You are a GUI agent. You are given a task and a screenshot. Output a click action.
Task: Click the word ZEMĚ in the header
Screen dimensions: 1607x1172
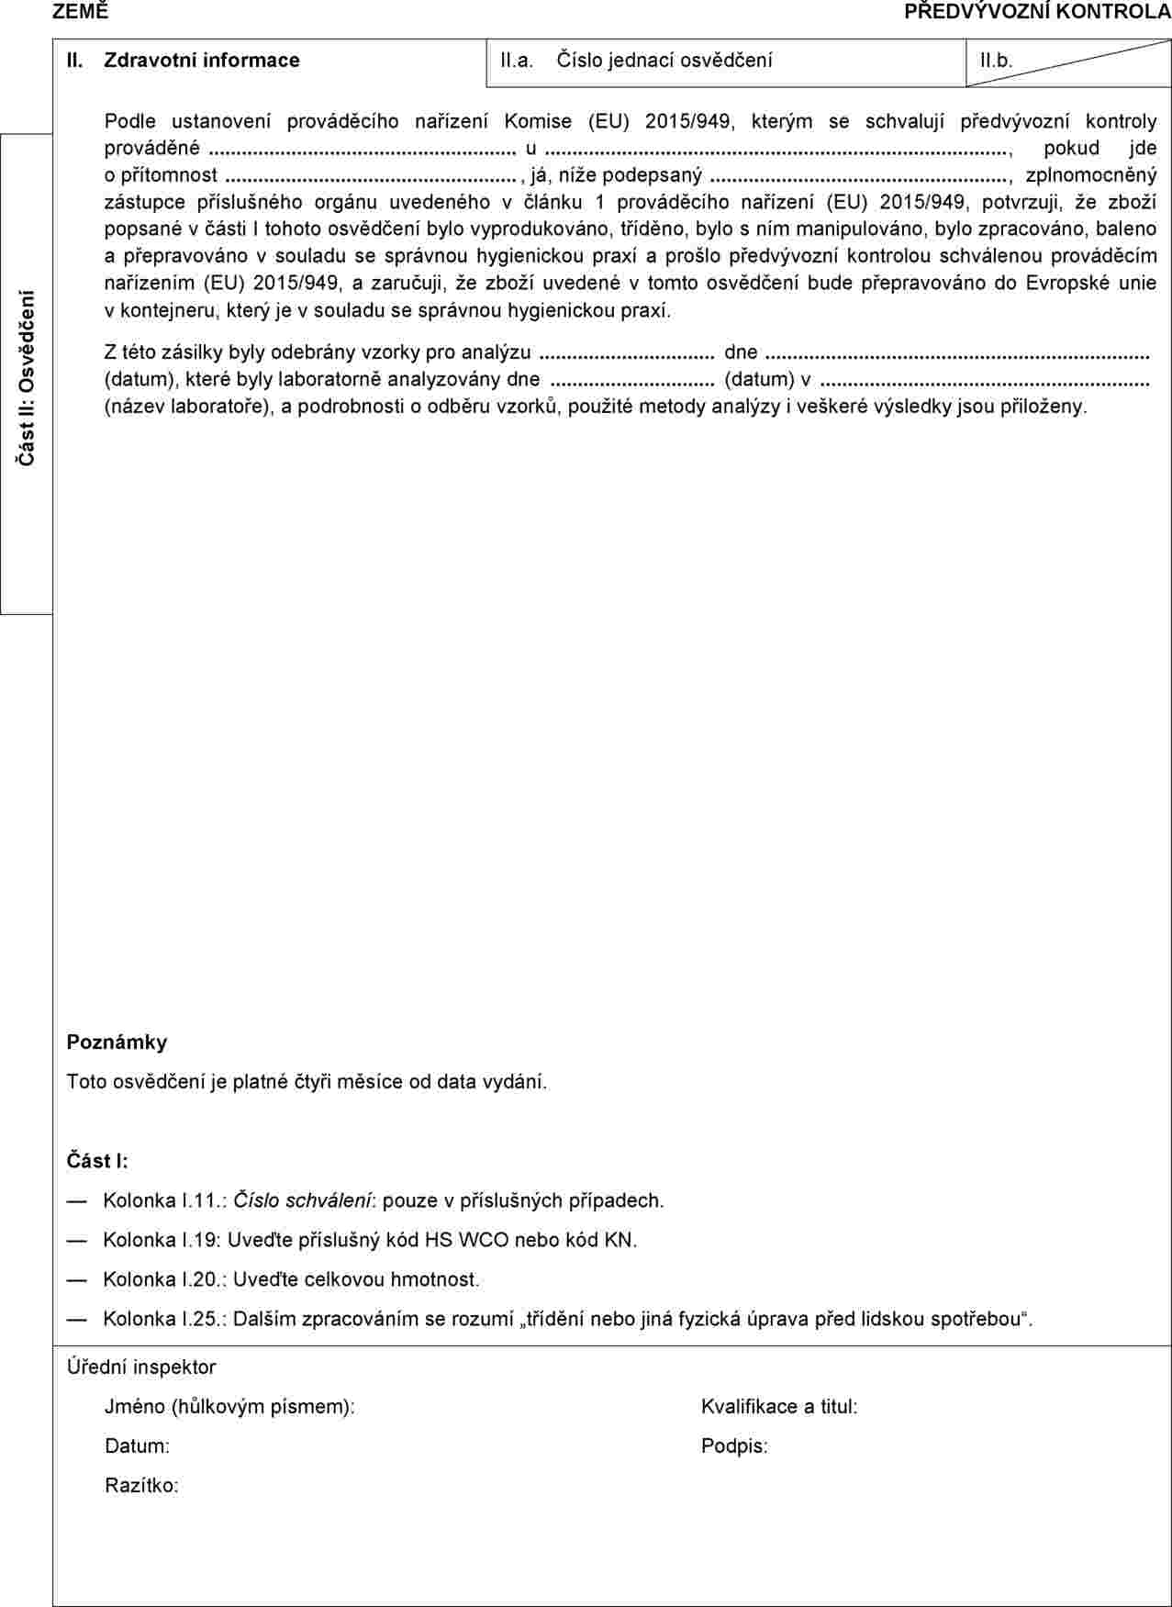point(80,12)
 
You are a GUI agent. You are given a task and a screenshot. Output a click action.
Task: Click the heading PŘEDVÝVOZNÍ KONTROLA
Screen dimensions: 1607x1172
point(1037,12)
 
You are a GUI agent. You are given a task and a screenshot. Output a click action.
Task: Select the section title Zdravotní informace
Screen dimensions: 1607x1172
point(202,61)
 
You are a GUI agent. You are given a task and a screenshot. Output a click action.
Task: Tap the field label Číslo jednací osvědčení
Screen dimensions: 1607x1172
point(664,61)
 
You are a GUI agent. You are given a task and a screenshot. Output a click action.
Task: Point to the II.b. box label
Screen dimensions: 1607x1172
point(996,61)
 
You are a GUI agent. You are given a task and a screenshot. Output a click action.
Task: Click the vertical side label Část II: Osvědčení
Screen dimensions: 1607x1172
point(28,376)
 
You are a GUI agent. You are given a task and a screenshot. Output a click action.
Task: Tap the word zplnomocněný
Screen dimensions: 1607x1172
point(1091,174)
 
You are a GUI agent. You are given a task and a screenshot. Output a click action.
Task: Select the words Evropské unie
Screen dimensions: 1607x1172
point(1091,283)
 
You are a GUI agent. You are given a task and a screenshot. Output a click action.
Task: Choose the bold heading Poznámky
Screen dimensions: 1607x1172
point(117,1042)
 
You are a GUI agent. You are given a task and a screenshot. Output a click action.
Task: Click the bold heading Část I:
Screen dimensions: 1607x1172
point(97,1160)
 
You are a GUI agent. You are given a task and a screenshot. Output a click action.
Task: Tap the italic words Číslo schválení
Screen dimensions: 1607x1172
point(303,1200)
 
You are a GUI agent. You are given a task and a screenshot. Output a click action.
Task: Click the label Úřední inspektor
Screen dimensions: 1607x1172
point(141,1367)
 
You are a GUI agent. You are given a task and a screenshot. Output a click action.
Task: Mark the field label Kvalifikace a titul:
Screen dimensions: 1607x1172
point(779,1406)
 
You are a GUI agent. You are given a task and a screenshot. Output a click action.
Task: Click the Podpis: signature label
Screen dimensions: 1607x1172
point(734,1445)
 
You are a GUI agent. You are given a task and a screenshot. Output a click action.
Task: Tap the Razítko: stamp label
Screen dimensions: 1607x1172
point(141,1485)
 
